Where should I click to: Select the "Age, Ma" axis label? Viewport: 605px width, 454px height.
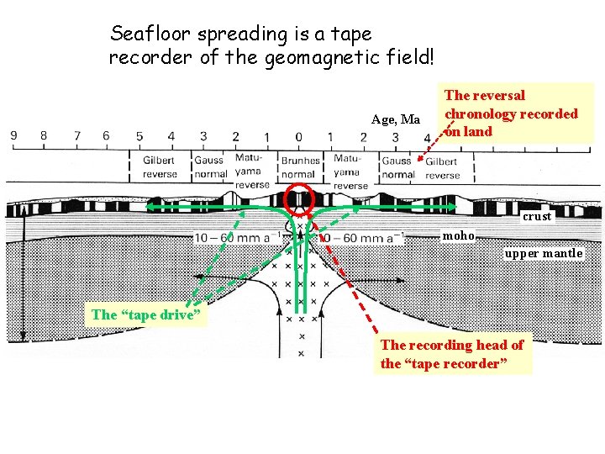(395, 119)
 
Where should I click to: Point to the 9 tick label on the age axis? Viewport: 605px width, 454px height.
(14, 136)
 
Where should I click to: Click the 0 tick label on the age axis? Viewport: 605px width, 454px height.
(299, 136)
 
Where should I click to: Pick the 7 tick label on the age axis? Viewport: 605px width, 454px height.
(76, 136)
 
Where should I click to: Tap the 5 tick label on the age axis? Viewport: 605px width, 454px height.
(139, 136)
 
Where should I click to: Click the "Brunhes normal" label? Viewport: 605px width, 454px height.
(300, 166)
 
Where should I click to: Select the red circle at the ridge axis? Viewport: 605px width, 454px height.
(300, 199)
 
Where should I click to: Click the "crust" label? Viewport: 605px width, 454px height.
(537, 216)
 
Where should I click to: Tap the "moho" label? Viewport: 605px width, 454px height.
(459, 235)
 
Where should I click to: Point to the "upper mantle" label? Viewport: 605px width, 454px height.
(544, 253)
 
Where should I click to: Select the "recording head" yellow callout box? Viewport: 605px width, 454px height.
(454, 354)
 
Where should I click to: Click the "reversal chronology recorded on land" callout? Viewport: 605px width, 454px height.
(511, 113)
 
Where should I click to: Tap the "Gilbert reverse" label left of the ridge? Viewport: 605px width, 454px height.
(160, 166)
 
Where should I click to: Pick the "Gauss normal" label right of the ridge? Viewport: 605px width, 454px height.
(397, 166)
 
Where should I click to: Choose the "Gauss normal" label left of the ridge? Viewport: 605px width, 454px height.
(208, 166)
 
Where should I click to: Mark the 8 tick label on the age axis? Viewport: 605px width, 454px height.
(43, 136)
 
